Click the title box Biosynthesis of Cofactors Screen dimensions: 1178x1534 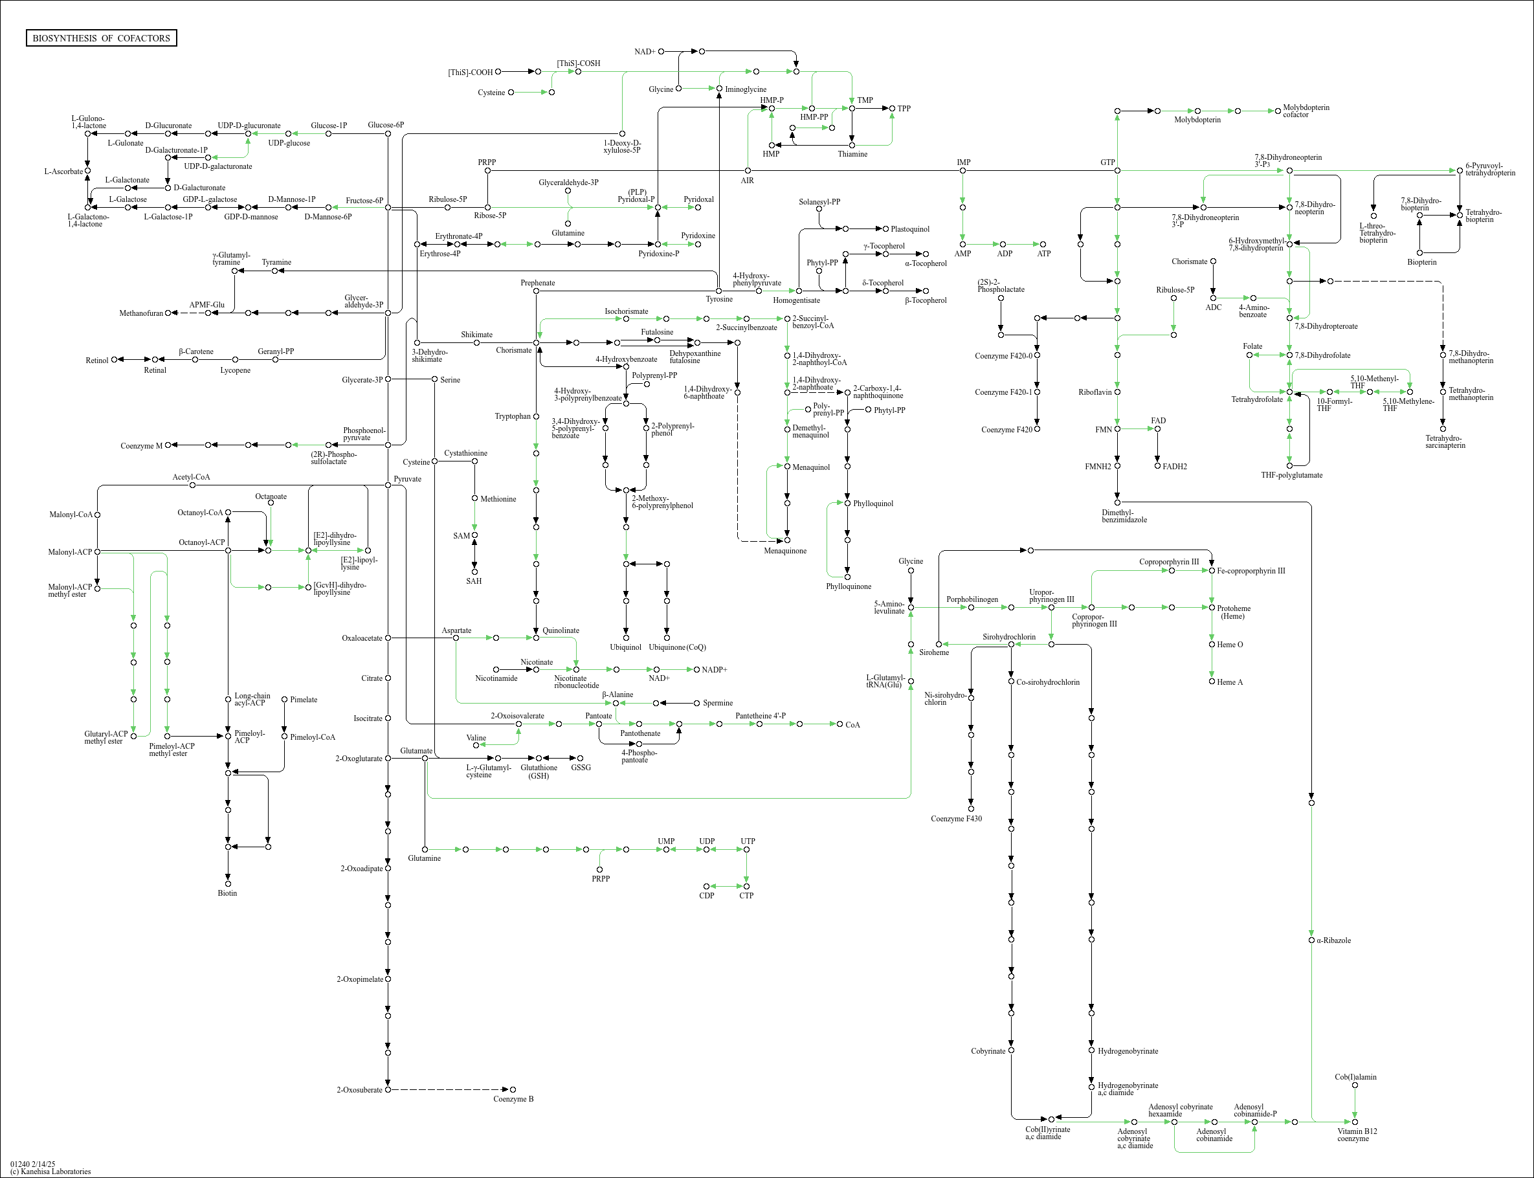(101, 38)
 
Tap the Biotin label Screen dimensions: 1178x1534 (227, 893)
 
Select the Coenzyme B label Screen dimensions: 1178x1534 (513, 1099)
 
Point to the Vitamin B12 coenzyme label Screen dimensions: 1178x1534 (1357, 1135)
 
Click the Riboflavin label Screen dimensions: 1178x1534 (1095, 392)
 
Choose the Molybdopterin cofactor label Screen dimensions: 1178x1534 (1306, 111)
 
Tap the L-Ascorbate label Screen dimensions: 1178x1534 (63, 171)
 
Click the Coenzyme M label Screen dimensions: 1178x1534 (141, 446)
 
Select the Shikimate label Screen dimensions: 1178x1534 (477, 335)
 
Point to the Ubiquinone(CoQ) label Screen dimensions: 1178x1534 (677, 647)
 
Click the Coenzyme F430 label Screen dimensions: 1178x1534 (956, 818)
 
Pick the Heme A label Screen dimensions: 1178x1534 (1230, 682)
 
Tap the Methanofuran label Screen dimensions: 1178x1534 (141, 313)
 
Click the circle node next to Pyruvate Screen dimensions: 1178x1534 (388, 485)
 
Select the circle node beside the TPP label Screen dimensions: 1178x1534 (893, 109)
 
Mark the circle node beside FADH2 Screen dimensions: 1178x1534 (1157, 465)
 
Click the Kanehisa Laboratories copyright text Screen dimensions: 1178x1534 (50, 1171)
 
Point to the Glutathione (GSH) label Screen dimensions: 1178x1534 (539, 772)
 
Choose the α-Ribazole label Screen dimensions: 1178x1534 (1333, 940)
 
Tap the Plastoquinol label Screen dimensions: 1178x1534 (909, 229)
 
